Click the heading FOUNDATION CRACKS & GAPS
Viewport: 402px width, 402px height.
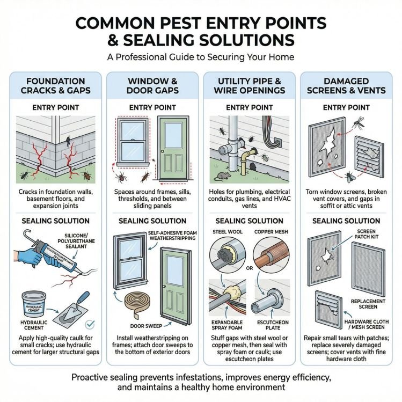(x=55, y=86)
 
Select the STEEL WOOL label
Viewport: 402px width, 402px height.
(x=228, y=232)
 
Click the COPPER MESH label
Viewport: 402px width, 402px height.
(x=271, y=232)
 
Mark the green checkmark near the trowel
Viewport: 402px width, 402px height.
(x=90, y=324)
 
